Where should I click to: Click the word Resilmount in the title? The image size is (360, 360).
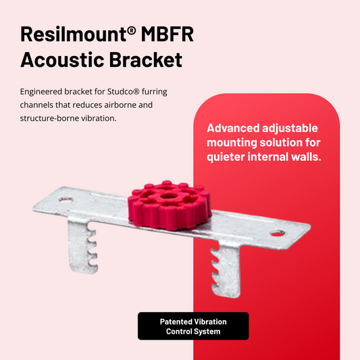coord(70,36)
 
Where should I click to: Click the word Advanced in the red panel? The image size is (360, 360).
coord(236,128)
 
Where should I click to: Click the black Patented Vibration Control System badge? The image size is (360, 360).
coord(193,326)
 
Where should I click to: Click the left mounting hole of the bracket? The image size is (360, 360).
coord(65,201)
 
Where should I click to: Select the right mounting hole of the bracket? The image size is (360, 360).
coord(278,234)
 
